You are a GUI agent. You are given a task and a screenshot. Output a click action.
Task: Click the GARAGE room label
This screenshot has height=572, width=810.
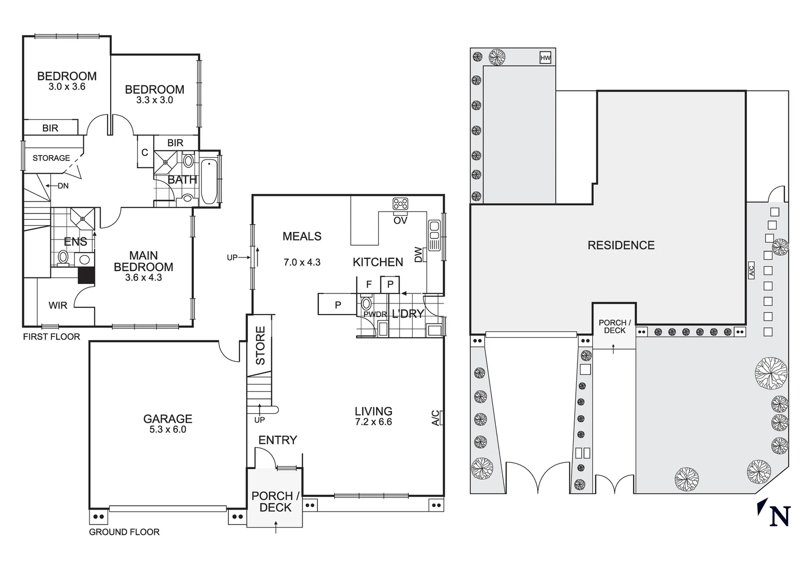coord(167,419)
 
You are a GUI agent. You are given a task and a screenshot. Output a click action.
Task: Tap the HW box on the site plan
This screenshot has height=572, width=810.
coord(545,58)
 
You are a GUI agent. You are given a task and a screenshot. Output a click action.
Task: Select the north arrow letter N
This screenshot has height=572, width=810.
coord(780,516)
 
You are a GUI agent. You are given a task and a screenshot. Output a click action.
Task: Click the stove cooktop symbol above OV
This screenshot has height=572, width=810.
coord(400,204)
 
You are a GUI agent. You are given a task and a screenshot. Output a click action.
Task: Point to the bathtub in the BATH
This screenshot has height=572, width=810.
coord(209,182)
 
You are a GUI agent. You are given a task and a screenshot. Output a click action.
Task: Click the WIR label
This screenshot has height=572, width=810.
coord(58,306)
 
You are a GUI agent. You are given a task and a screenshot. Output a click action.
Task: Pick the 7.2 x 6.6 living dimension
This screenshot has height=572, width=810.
coord(373,422)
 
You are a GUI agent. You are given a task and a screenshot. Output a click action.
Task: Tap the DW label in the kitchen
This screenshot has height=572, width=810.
coord(419,255)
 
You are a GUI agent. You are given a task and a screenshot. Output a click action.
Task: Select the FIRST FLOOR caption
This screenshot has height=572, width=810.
coord(51,337)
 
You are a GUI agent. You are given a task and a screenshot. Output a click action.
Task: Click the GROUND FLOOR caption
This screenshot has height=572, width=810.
coord(124,532)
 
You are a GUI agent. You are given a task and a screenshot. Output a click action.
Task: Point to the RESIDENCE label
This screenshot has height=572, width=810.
coord(621,245)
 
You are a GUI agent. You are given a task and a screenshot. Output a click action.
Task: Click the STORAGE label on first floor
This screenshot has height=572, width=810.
coord(51,158)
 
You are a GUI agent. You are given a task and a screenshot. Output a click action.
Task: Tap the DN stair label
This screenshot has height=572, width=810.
coord(63,186)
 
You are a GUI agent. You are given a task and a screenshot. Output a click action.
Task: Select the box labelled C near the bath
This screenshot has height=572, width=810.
coord(145,153)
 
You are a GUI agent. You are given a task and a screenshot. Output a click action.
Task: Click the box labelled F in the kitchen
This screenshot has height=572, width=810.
coord(369,285)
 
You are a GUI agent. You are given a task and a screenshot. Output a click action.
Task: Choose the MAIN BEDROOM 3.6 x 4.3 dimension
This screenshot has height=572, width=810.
coord(143,278)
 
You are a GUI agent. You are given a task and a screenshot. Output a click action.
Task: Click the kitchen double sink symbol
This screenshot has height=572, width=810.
coord(434,235)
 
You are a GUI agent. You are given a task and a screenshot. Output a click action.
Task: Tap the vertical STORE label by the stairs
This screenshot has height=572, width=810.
coord(261,345)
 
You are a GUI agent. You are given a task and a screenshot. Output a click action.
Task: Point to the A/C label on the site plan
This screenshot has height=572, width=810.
coord(751,270)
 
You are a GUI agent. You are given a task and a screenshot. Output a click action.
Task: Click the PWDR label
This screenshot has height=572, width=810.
coord(375,315)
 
